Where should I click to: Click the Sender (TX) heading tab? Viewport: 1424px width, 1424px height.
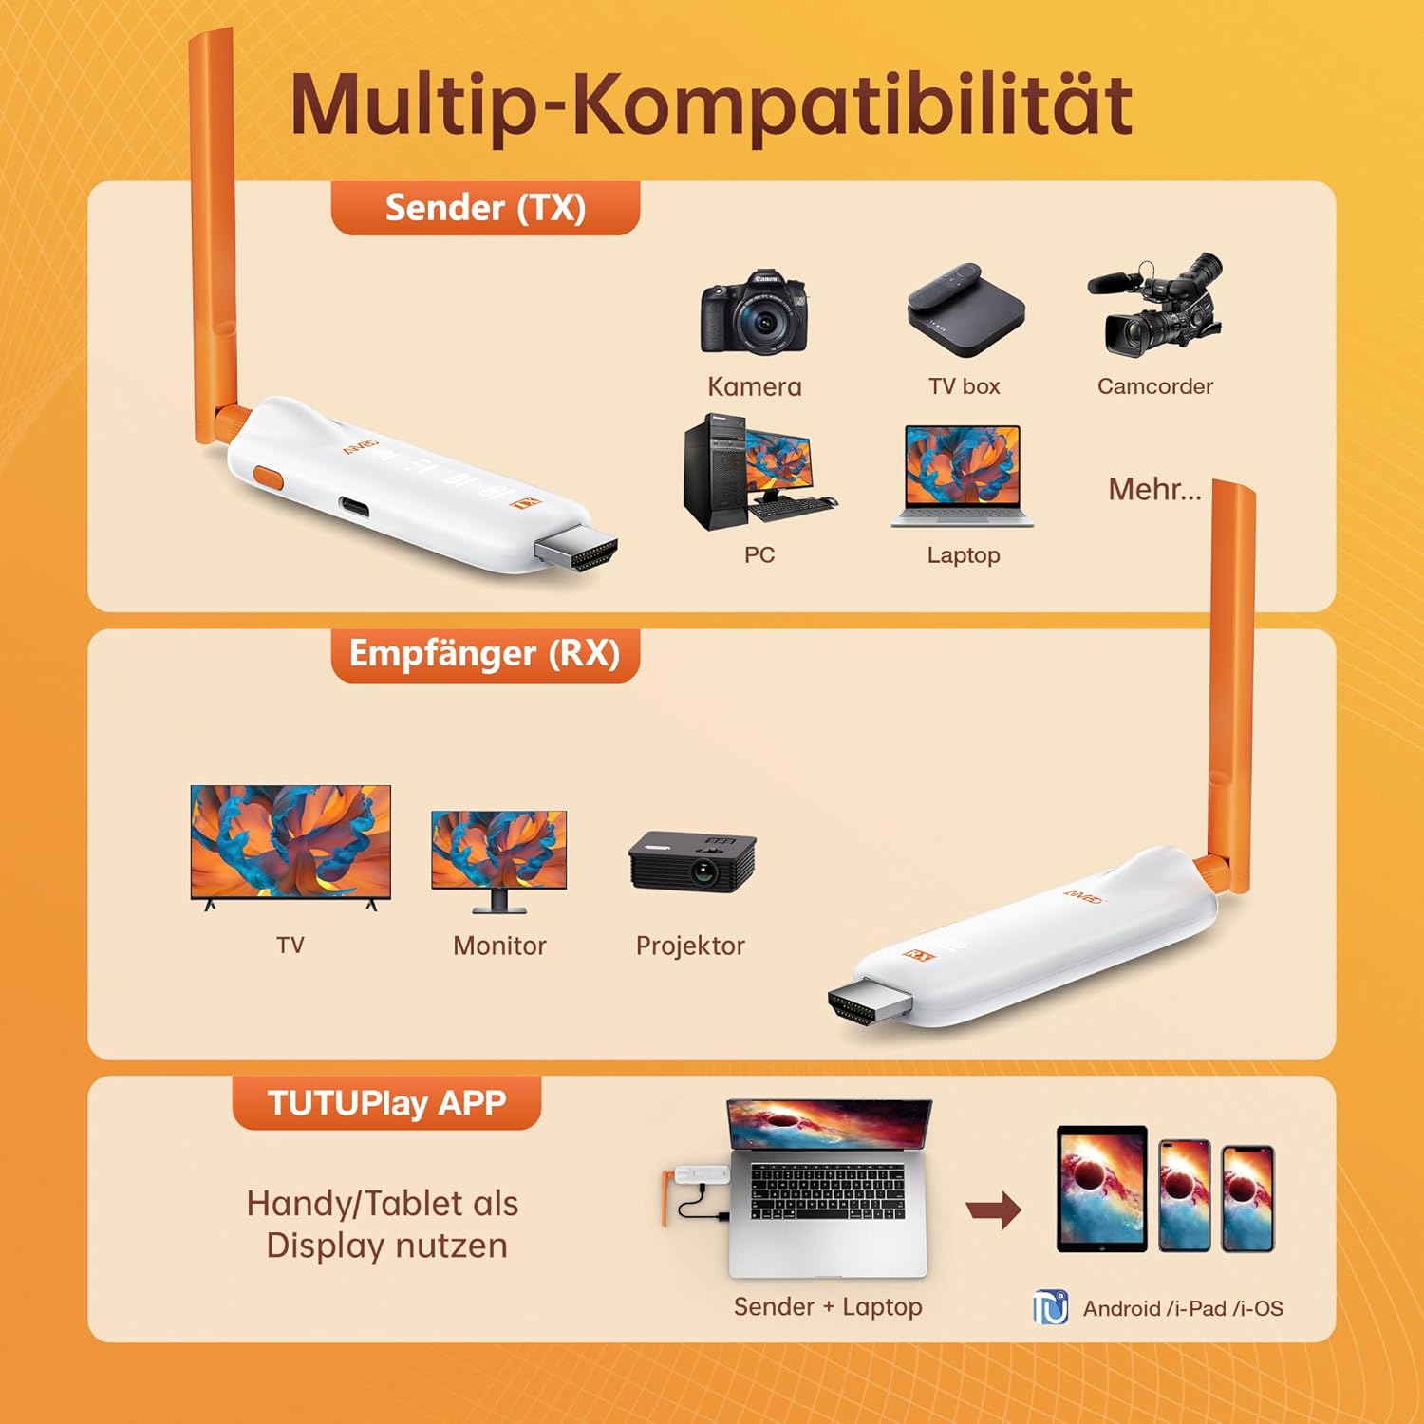tap(485, 208)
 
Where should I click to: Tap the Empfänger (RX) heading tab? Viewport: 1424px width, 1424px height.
tap(485, 654)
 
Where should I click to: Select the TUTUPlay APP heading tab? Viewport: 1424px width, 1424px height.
tap(386, 1103)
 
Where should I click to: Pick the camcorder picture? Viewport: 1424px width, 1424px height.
tap(1155, 305)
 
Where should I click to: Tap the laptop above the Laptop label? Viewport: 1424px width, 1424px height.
tap(963, 476)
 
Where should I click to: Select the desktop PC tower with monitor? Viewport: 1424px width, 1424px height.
tap(760, 472)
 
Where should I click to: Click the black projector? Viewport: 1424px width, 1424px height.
tap(692, 862)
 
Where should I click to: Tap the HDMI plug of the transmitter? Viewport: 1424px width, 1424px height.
tap(576, 551)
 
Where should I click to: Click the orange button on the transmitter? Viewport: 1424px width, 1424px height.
tap(268, 477)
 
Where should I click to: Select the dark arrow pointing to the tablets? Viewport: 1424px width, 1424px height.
tap(994, 1210)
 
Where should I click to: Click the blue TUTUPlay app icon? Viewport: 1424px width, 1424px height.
tap(1051, 1307)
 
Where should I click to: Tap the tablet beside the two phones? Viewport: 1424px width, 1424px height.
tap(1102, 1189)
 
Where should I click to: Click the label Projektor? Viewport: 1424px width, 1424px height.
tap(690, 946)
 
